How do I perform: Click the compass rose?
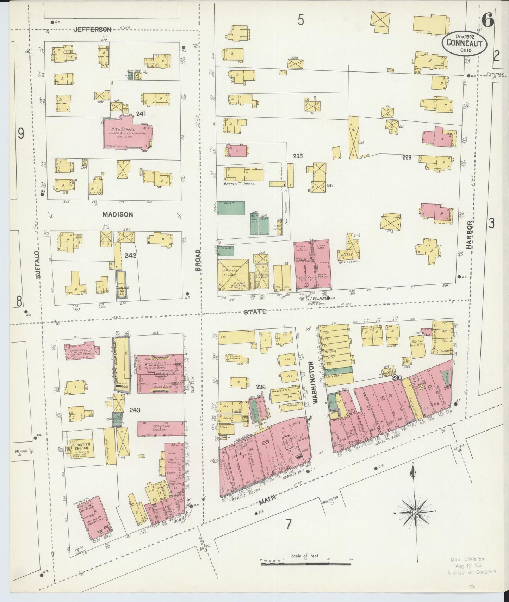click(x=415, y=511)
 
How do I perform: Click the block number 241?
click(x=142, y=113)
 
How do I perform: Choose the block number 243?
click(x=135, y=410)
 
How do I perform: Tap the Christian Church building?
click(x=81, y=447)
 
